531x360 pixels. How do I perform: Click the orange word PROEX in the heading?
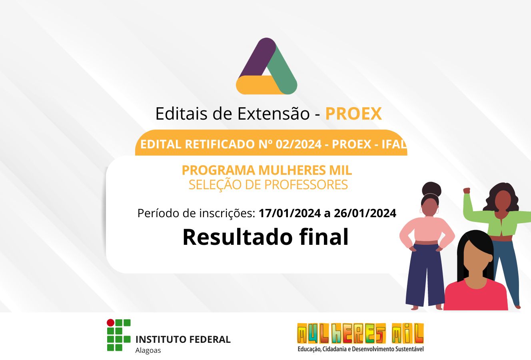pyautogui.click(x=353, y=114)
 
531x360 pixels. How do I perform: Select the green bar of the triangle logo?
pyautogui.click(x=283, y=69)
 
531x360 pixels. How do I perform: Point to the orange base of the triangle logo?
pyautogui.click(x=259, y=85)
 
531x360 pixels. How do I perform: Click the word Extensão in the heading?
pyautogui.click(x=273, y=114)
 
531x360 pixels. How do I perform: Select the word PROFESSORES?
pyautogui.click(x=306, y=184)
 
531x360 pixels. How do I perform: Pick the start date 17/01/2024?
pyautogui.click(x=289, y=213)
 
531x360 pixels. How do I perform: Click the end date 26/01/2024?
pyautogui.click(x=365, y=213)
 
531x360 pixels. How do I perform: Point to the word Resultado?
pyautogui.click(x=237, y=237)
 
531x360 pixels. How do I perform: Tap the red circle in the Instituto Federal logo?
pyautogui.click(x=110, y=322)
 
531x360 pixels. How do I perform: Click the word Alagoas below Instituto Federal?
pyautogui.click(x=148, y=350)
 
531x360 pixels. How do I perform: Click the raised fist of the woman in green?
pyautogui.click(x=467, y=190)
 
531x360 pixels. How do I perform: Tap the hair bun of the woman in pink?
pyautogui.click(x=432, y=189)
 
